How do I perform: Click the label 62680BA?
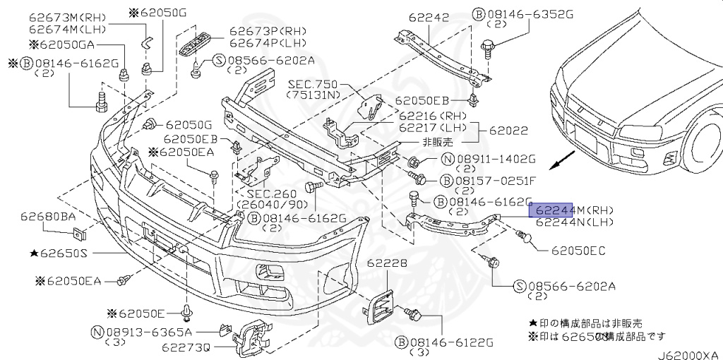48,216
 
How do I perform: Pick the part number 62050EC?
578,251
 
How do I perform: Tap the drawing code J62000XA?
688,354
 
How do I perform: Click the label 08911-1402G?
502,159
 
